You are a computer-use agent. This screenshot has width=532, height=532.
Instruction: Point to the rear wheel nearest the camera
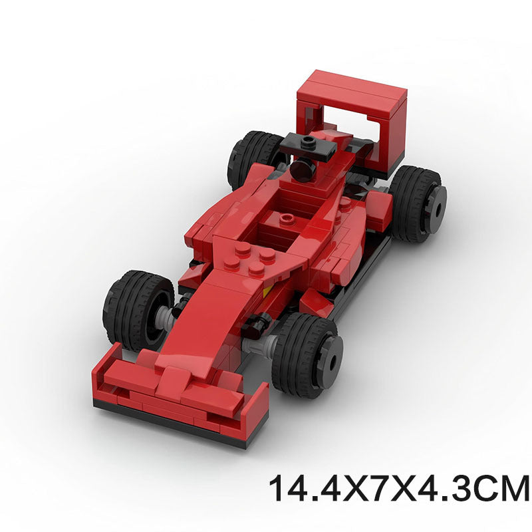[x=417, y=203]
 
